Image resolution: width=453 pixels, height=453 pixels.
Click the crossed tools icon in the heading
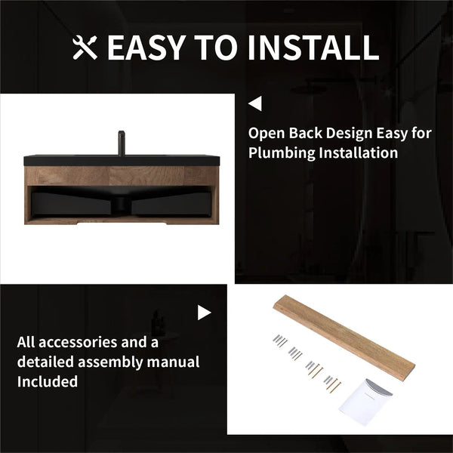(85, 48)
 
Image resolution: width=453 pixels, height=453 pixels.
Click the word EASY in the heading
(146, 48)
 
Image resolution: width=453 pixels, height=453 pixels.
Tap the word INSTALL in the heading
(313, 48)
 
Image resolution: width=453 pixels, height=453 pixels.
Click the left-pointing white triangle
(255, 103)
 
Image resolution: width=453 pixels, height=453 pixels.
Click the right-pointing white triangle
(205, 313)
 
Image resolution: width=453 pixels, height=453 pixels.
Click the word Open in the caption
(267, 134)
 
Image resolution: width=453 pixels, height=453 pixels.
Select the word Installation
(358, 153)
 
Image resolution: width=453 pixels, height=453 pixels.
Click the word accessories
(77, 343)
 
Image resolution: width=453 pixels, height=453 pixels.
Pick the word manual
(173, 362)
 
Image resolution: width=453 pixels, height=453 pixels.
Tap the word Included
(48, 381)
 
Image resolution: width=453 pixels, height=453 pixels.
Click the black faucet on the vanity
(122, 143)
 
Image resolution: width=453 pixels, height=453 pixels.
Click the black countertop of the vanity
(122, 160)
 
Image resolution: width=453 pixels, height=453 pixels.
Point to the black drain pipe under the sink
(122, 205)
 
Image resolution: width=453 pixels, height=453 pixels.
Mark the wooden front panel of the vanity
(122, 176)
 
